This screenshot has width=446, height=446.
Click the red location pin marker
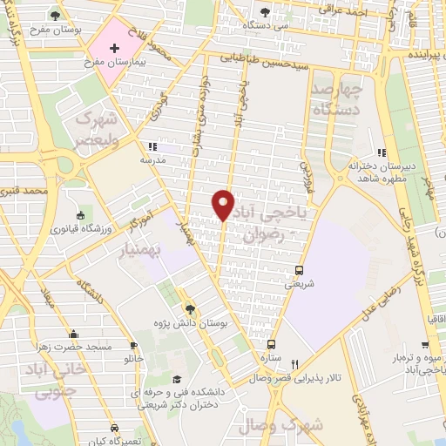coord(224,204)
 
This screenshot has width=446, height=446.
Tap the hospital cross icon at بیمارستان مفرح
coord(114,46)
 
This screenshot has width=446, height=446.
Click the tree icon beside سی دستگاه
coord(265,12)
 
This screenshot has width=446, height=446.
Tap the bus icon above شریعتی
coord(300,269)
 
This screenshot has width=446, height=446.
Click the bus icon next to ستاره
coord(271,343)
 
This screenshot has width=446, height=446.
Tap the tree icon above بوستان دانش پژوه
coord(190,309)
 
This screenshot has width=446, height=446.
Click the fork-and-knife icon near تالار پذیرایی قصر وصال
coord(294,365)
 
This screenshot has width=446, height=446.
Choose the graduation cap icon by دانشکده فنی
coord(178,380)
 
